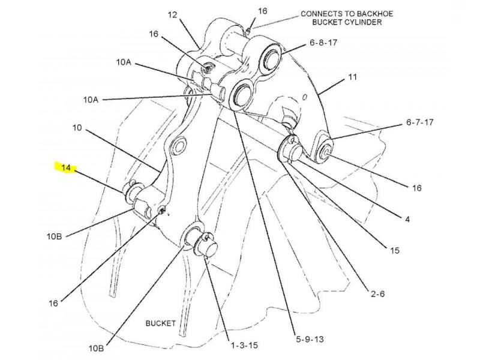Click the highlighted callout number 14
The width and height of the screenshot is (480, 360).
click(66, 168)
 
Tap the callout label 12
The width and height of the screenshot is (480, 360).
click(173, 14)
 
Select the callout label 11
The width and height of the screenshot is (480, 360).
click(353, 77)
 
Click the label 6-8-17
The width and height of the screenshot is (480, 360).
click(323, 43)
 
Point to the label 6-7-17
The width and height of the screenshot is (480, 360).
click(419, 122)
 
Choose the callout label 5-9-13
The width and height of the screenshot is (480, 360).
click(310, 339)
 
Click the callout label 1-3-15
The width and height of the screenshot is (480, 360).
click(244, 346)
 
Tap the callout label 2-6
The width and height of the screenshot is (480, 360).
click(378, 294)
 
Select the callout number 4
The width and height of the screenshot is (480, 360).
click(407, 219)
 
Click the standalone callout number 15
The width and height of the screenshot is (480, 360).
click(395, 251)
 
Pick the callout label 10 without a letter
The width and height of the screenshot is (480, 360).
click(77, 127)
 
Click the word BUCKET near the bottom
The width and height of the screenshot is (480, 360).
click(160, 323)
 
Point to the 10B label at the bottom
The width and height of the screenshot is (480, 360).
click(96, 349)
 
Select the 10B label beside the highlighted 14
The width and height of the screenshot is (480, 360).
click(54, 236)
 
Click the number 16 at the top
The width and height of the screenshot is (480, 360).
click(262, 11)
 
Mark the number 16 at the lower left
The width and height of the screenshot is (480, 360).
click(53, 303)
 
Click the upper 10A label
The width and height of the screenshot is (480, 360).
click(124, 62)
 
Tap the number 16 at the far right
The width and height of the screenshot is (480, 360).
click(416, 188)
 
